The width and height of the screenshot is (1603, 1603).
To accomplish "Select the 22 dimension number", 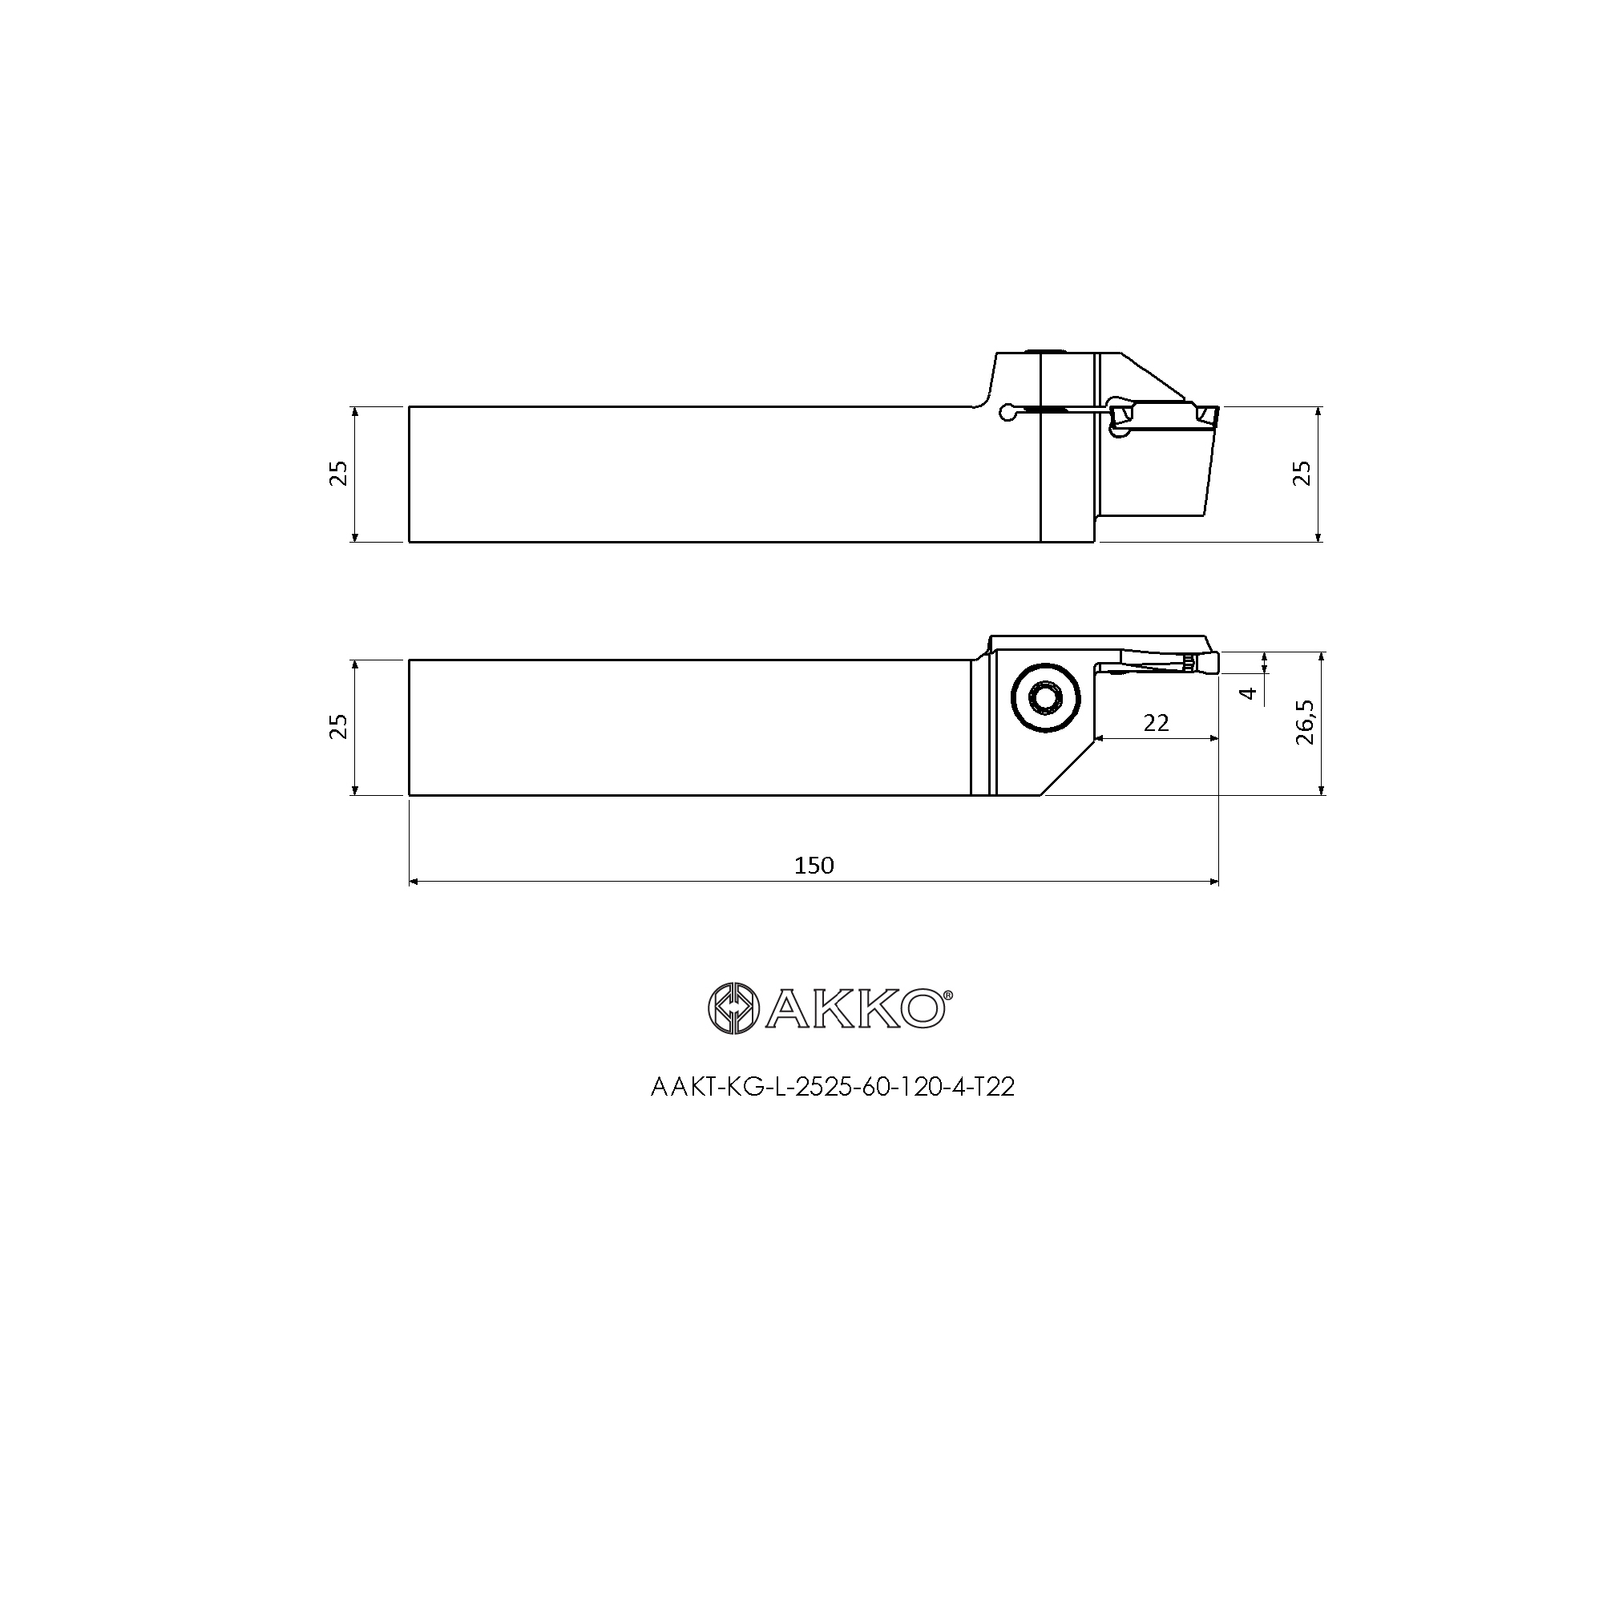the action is tap(1156, 724).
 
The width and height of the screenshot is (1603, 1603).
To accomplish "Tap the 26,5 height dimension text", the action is tap(1305, 722).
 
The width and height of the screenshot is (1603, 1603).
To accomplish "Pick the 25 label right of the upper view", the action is tap(1303, 473).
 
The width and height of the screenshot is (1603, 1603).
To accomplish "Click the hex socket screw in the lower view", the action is tap(1045, 699).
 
